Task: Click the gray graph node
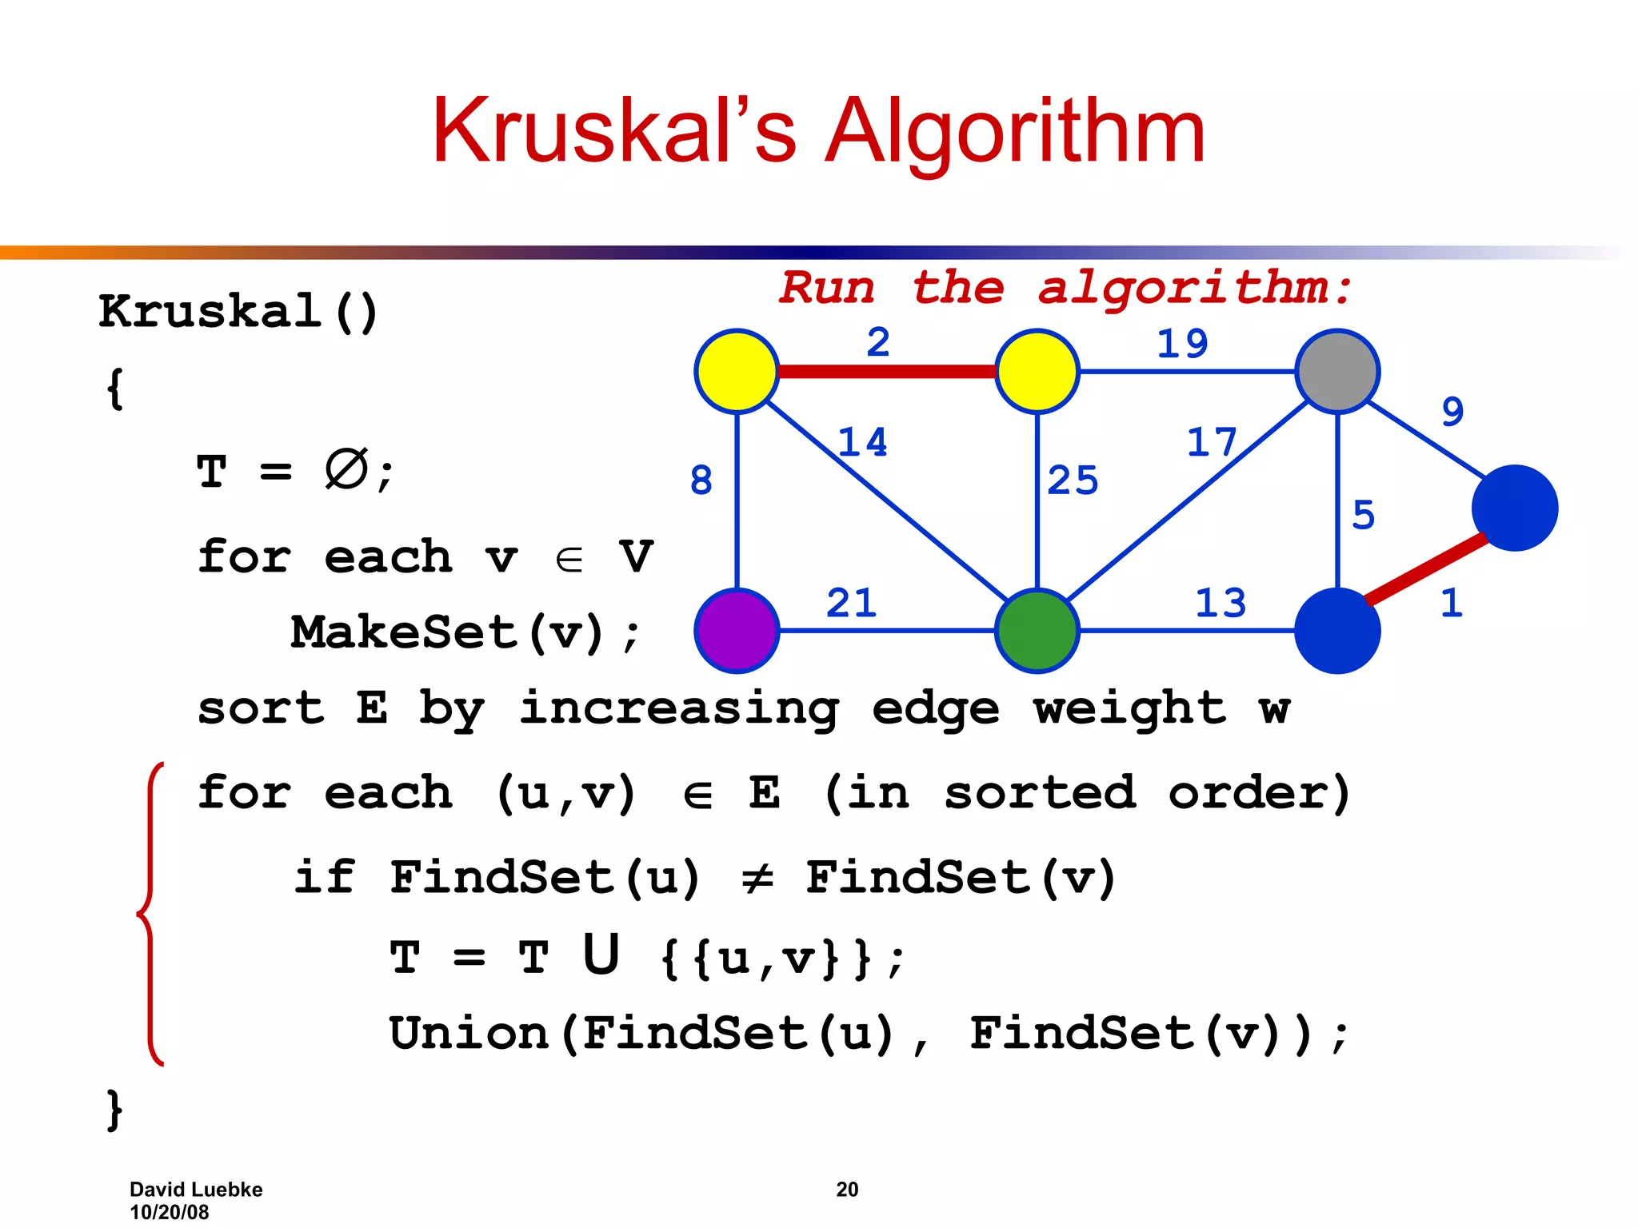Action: point(1337,371)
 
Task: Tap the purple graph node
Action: point(737,630)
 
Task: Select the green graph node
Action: point(1037,630)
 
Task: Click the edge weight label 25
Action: point(1073,480)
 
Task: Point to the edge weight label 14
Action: point(862,442)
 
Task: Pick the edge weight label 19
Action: point(1182,344)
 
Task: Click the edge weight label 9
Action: point(1452,412)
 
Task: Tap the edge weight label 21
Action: point(851,603)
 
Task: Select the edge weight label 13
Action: point(1221,603)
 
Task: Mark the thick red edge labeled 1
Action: point(1425,569)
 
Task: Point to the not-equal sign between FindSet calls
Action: point(757,879)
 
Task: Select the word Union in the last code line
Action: point(469,1033)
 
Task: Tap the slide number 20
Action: point(847,1189)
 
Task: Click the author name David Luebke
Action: point(196,1189)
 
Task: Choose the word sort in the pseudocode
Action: point(261,708)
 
